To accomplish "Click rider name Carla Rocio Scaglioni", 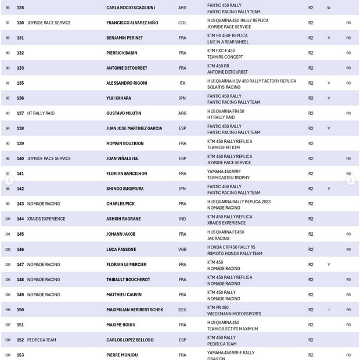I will coord(131,8).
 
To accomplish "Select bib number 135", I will coord(20,83).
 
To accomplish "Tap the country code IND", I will coord(182,219).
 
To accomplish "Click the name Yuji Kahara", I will coord(118,98).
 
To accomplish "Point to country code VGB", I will coord(182,249).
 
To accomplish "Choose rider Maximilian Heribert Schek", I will coord(134,309).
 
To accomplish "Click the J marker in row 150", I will coord(329,309).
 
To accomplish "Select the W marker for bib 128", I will coord(329,8).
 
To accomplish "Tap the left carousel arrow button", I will coord(9,181).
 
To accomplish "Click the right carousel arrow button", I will coord(351,181).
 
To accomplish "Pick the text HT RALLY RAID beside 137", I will coord(41,113).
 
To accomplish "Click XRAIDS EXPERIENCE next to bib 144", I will coord(46,219).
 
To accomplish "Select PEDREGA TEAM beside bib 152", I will coord(42,340).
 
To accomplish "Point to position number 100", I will coord(8,219).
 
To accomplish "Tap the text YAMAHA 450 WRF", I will coord(224,171).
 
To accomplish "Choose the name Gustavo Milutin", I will coord(124,113).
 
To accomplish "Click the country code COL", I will coord(182,23).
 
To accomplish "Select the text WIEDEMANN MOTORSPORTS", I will coord(234,314).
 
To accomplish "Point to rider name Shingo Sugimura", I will coord(125,189).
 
